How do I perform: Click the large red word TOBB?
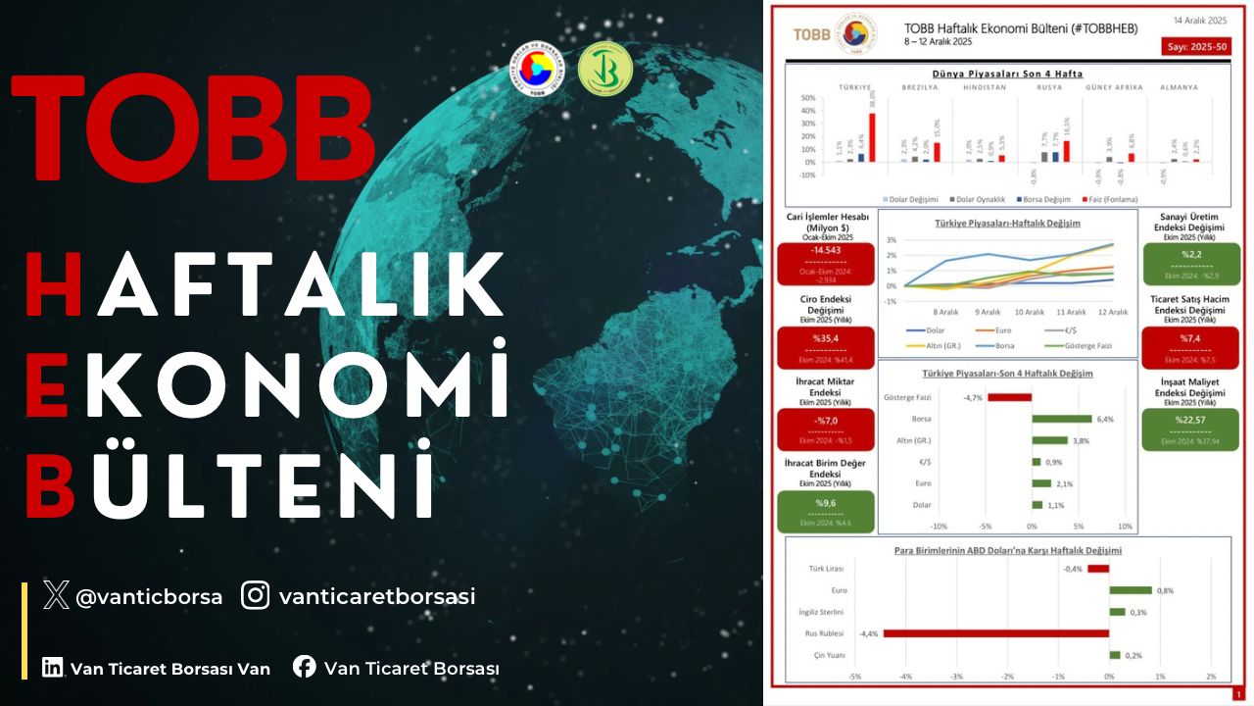(192, 127)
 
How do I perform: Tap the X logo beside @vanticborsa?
(56, 595)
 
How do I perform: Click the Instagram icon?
(256, 595)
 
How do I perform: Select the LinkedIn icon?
(53, 668)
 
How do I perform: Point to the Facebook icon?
(305, 668)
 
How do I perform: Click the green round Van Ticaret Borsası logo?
(604, 70)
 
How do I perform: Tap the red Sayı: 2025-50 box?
(1195, 47)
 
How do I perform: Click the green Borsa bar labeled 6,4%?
(1061, 419)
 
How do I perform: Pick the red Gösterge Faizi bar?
(1009, 397)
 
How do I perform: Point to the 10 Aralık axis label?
(1030, 312)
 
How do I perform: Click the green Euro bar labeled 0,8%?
(1131, 590)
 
